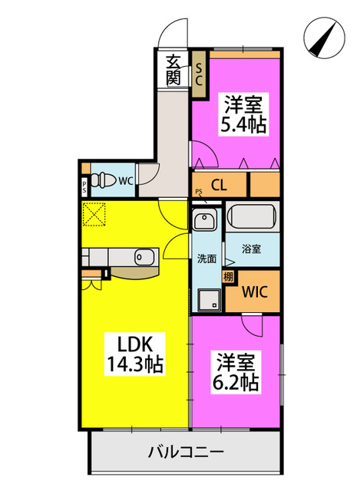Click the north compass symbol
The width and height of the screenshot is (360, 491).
point(324,38)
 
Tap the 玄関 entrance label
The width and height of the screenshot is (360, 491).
point(173,70)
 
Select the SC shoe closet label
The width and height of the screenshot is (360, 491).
point(199,74)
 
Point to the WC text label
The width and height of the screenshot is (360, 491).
point(126,181)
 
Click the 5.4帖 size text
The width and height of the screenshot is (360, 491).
point(243,125)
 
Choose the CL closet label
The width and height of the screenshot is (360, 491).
point(219,185)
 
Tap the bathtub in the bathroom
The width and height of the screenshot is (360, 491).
point(253,216)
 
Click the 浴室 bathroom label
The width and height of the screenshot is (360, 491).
point(251,249)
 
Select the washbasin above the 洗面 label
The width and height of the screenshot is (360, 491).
point(205,219)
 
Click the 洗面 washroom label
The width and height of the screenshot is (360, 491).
point(206,259)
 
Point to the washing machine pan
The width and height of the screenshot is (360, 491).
point(209,300)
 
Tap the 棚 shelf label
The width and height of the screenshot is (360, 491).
point(228,277)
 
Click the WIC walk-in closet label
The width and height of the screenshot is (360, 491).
point(255,292)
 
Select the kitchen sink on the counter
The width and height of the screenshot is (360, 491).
point(144,257)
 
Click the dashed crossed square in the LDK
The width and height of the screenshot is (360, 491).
point(94,214)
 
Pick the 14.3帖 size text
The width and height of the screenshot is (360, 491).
point(135,364)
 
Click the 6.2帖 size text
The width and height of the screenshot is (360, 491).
point(236,382)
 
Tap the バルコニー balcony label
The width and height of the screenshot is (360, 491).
point(186,452)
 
